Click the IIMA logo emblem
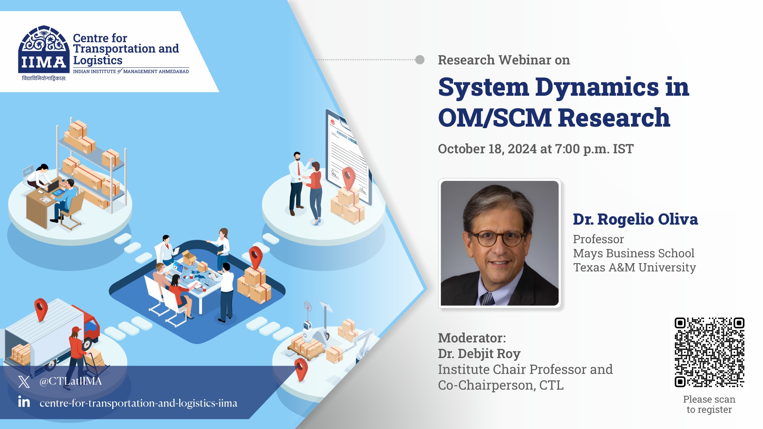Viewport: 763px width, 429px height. [44, 50]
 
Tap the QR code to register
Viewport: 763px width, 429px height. [709, 352]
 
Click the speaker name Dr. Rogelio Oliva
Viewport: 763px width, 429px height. [635, 219]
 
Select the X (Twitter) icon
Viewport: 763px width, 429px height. [24, 381]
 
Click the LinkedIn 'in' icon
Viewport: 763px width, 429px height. [24, 402]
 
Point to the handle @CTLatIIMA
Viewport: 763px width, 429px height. [71, 381]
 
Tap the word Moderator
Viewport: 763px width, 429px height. [472, 338]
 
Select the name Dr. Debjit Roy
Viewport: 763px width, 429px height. [479, 354]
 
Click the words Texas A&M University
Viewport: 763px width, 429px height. [634, 267]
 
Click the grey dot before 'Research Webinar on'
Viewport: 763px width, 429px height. [420, 60]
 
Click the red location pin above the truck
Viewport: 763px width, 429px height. [41, 308]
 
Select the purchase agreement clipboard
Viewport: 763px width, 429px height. [345, 153]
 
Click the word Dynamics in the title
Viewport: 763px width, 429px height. [597, 87]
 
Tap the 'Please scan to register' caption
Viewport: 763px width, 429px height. [709, 404]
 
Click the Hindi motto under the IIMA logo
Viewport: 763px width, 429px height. [44, 79]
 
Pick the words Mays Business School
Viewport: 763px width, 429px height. [633, 253]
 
